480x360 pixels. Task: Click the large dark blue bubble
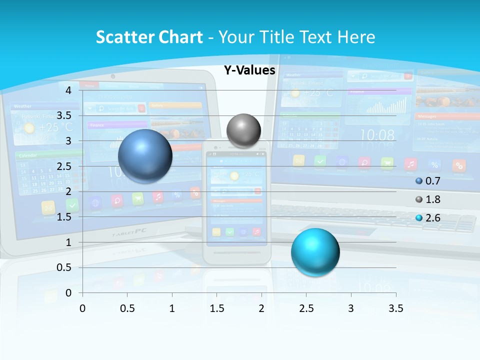pyautogui.click(x=145, y=156)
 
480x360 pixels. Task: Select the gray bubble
pyautogui.click(x=243, y=131)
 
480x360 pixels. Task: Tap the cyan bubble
pyautogui.click(x=315, y=252)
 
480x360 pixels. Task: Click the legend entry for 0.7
pyautogui.click(x=428, y=181)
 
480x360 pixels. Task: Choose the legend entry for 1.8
pyautogui.click(x=428, y=199)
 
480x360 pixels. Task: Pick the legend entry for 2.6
pyautogui.click(x=428, y=217)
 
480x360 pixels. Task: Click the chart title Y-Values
pyautogui.click(x=249, y=70)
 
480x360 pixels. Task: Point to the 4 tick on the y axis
pyautogui.click(x=68, y=90)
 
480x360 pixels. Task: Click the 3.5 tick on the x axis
pyautogui.click(x=395, y=308)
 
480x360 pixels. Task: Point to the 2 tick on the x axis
pyautogui.click(x=261, y=308)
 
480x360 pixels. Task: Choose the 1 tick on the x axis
pyautogui.click(x=172, y=308)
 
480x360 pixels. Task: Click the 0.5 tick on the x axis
pyautogui.click(x=127, y=308)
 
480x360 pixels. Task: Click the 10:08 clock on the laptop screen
pyautogui.click(x=377, y=135)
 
